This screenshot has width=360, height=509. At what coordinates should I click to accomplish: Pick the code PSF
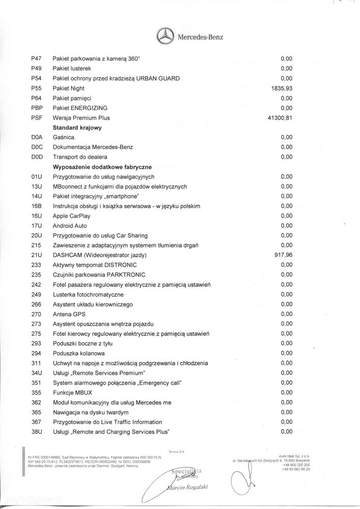point(36,118)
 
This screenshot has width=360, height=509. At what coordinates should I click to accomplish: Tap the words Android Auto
point(70,225)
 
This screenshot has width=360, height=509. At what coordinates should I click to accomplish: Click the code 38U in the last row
point(36,432)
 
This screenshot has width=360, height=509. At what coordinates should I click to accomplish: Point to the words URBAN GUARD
point(161,78)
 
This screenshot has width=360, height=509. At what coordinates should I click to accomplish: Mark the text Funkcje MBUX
point(73,392)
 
